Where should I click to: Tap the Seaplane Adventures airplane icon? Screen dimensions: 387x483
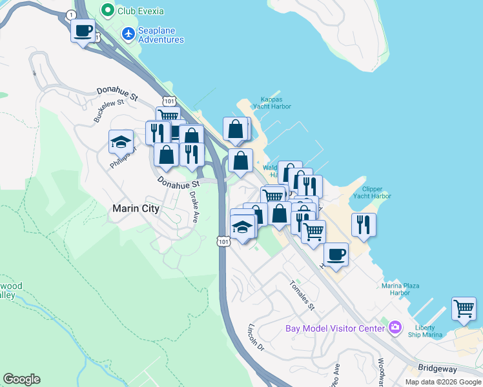tap(129, 32)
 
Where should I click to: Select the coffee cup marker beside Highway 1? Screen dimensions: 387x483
tap(83, 30)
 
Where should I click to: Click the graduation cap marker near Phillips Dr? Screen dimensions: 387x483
tap(120, 143)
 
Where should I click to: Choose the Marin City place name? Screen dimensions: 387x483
tap(136, 208)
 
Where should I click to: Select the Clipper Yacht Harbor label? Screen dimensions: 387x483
tap(372, 192)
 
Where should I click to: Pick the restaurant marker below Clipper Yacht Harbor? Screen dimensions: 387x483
tap(364, 225)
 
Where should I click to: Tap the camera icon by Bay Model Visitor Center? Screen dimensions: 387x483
tap(395, 328)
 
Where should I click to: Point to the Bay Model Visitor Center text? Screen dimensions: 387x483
tap(335, 328)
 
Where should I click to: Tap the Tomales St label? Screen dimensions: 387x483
tap(301, 295)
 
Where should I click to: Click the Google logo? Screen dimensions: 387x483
tap(21, 379)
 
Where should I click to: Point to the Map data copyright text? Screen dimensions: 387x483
tap(444, 382)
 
